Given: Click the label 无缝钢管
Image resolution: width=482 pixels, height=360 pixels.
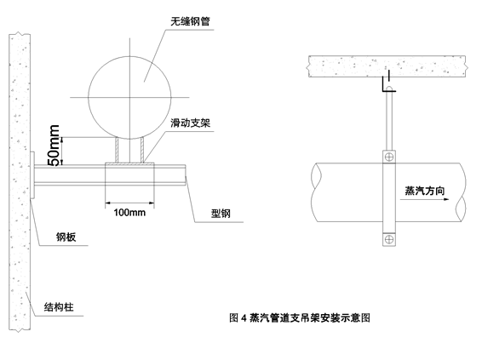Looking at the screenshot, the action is pyautogui.click(x=190, y=21).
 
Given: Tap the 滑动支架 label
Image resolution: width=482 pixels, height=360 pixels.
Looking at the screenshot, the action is pyautogui.click(x=190, y=123).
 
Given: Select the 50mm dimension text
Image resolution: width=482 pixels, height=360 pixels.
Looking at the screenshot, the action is pyautogui.click(x=54, y=145).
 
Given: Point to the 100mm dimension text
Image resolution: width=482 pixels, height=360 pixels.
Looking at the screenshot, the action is pyautogui.click(x=129, y=212).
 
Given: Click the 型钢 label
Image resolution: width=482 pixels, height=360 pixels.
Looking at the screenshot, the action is pyautogui.click(x=221, y=214).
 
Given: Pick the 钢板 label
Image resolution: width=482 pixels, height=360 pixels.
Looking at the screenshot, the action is pyautogui.click(x=66, y=237).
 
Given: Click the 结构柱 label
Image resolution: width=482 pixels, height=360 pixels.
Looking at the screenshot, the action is pyautogui.click(x=59, y=307).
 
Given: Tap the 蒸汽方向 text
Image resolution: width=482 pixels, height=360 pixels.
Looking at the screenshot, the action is pyautogui.click(x=424, y=191).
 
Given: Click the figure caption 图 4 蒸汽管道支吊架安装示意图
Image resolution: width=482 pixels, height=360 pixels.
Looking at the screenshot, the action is pyautogui.click(x=300, y=317).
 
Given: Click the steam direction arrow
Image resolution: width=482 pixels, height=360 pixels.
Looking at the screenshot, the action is pyautogui.click(x=424, y=199).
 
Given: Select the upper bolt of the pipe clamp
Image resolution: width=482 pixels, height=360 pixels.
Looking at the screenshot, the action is pyautogui.click(x=389, y=157).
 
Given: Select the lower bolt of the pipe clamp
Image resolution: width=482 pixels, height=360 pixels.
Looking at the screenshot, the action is pyautogui.click(x=389, y=239).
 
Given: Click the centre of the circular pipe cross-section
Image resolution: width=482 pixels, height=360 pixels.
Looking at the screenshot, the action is pyautogui.click(x=129, y=97).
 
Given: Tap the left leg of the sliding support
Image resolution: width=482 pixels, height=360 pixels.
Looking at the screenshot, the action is pyautogui.click(x=118, y=150).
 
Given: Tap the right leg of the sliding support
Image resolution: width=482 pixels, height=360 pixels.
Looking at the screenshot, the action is pyautogui.click(x=142, y=150).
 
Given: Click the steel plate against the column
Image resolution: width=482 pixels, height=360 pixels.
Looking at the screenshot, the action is pyautogui.click(x=32, y=175).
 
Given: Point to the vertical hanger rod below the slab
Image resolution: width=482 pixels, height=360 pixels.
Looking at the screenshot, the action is pyautogui.click(x=389, y=120).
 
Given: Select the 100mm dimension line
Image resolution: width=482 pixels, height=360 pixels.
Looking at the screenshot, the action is pyautogui.click(x=129, y=203).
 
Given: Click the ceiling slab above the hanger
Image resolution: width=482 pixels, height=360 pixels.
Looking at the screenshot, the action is pyautogui.click(x=387, y=66).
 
